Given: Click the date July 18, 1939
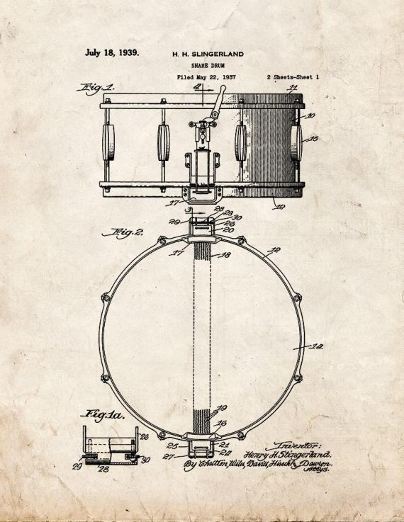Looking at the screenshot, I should coord(112,52).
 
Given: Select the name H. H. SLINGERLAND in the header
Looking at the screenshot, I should coord(208,53).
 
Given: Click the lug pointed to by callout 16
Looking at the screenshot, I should coord(296,140).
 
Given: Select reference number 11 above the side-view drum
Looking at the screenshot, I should coord(293,89).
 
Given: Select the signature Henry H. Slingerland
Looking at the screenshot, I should coord(287,454).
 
